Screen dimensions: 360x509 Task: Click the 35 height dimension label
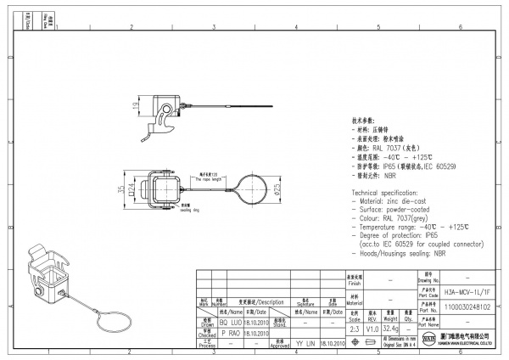[x=120, y=189]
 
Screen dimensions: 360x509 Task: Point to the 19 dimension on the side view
[x=135, y=105]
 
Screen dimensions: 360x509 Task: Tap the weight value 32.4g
[x=391, y=327]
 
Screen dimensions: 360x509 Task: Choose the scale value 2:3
[x=354, y=327]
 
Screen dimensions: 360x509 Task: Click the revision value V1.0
[x=372, y=327]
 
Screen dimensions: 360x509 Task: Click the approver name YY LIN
[x=306, y=343]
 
